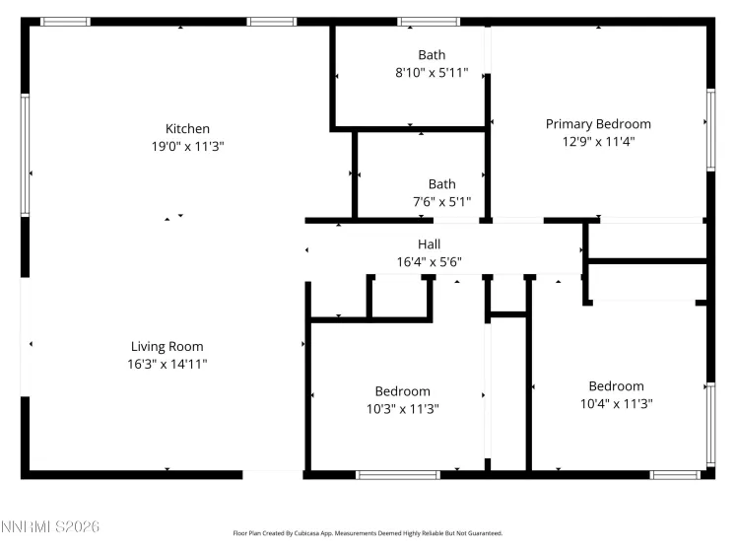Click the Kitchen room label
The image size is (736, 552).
(187, 129)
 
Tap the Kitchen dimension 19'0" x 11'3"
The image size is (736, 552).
(187, 146)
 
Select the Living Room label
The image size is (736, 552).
(167, 347)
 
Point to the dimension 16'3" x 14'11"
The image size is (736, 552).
(167, 364)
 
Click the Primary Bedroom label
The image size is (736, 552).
(598, 124)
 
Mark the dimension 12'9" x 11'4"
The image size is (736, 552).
(598, 141)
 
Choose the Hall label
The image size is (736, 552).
(429, 244)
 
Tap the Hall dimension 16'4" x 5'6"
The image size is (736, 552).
(429, 261)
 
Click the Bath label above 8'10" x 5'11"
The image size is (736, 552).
(432, 55)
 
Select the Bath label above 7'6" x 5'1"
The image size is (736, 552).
(441, 184)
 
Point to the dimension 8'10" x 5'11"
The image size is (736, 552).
(432, 72)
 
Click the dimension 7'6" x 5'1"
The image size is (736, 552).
(441, 201)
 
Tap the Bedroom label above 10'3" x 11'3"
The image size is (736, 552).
(402, 391)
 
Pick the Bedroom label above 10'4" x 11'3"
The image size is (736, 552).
(616, 386)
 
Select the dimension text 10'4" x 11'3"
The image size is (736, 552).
(616, 403)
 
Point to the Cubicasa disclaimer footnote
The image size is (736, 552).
(368, 533)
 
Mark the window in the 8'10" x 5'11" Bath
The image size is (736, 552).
(429, 22)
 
